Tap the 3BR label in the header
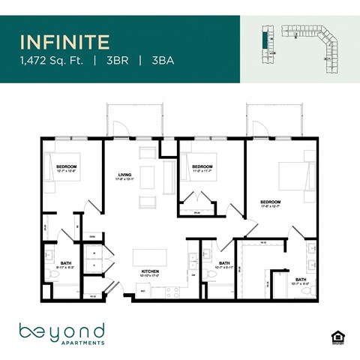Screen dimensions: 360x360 click(116, 61)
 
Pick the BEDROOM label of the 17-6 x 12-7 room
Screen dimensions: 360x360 click(271, 202)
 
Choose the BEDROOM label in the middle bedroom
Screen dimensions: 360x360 click(202, 166)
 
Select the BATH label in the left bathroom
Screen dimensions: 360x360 click(65, 262)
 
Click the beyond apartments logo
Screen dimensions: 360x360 click(61, 332)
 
